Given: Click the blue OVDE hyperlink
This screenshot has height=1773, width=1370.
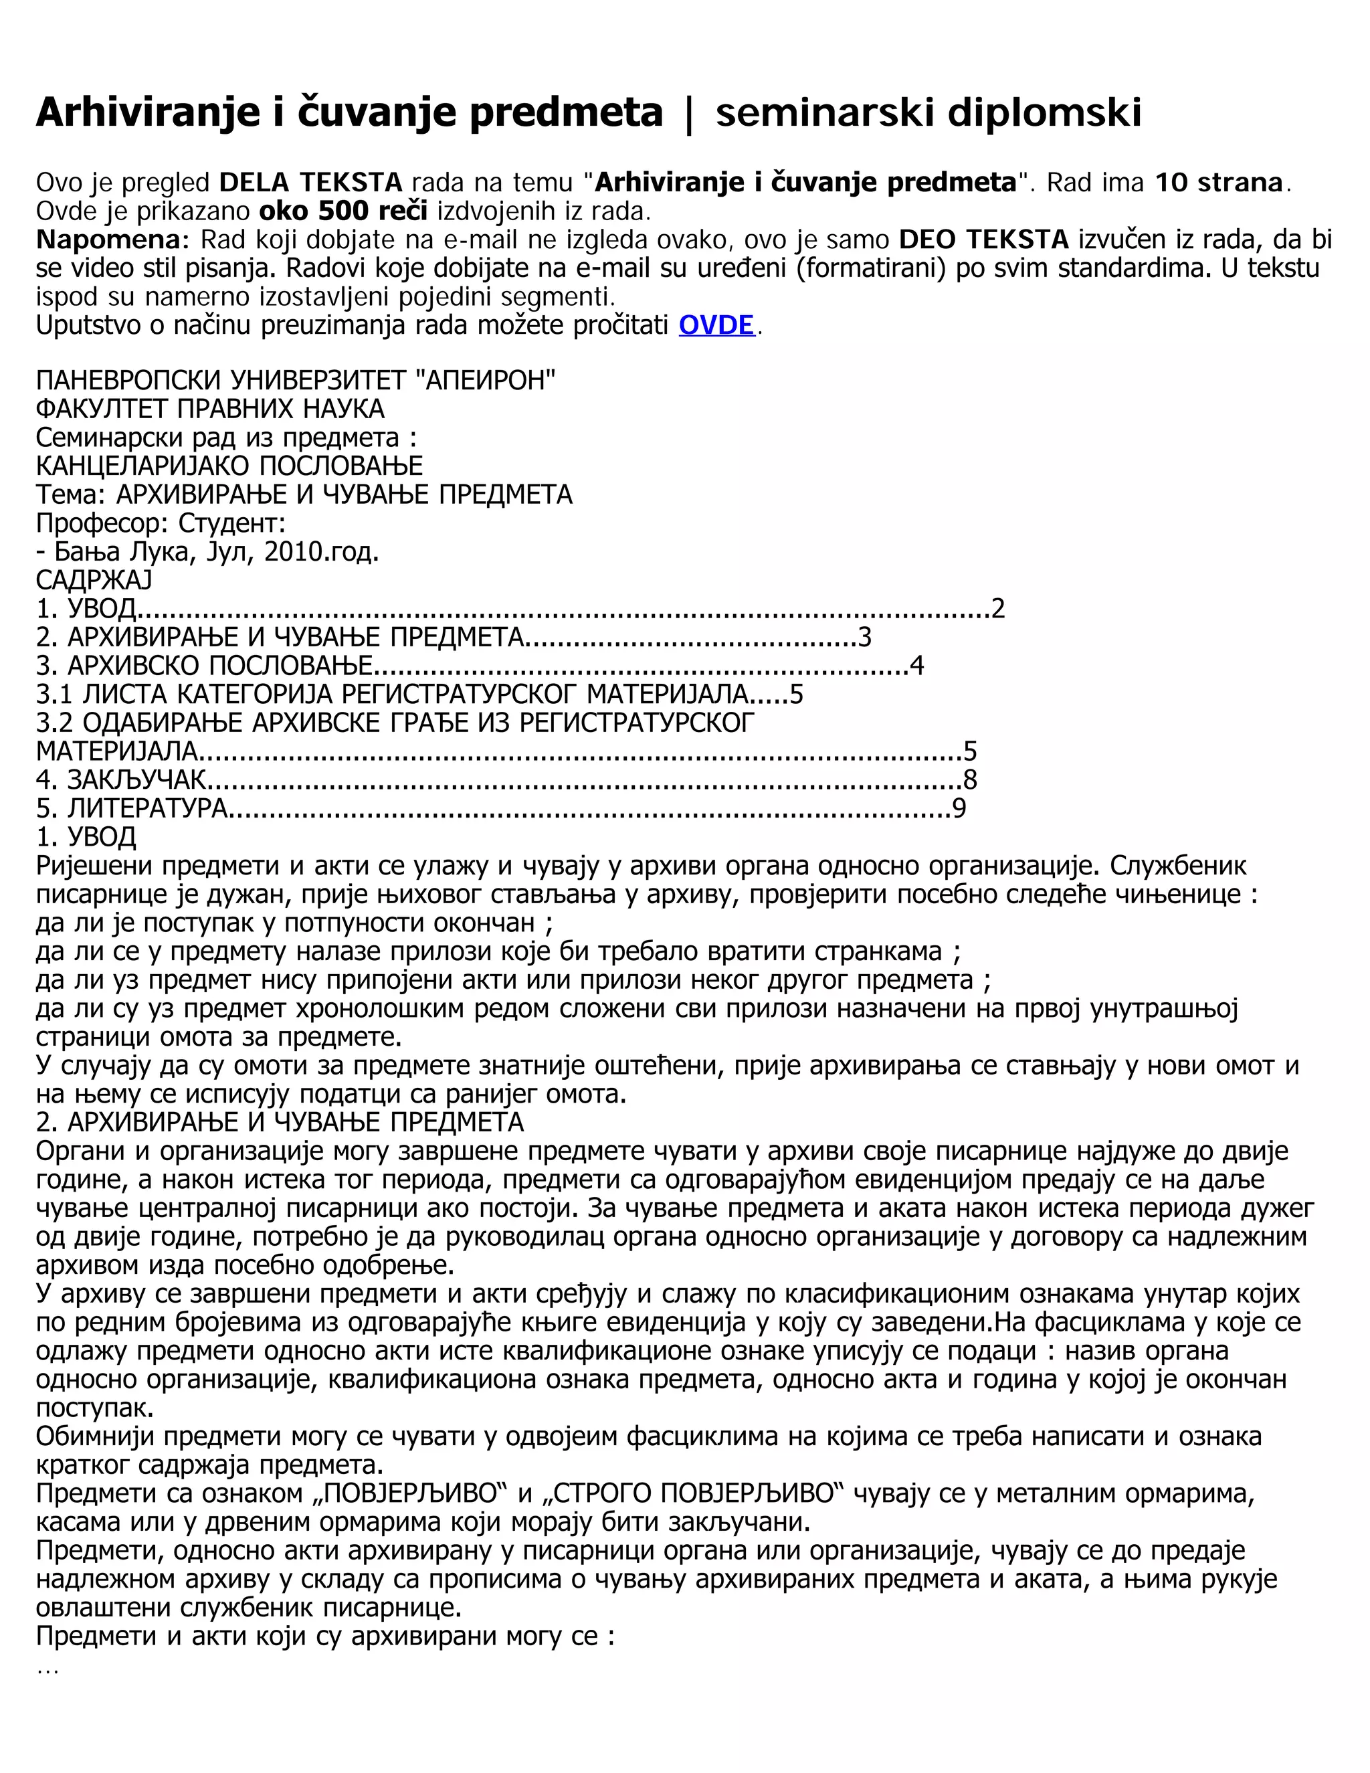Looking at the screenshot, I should pyautogui.click(x=716, y=326).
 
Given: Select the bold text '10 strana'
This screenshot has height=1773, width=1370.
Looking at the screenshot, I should pyautogui.click(x=1219, y=183).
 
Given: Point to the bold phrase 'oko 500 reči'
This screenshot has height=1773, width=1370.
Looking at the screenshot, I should pyautogui.click(x=343, y=211).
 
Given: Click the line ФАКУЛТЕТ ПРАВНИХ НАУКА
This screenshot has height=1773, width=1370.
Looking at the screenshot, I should pyautogui.click(x=210, y=408).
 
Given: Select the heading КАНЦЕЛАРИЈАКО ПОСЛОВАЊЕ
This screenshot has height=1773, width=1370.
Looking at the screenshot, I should pyautogui.click(x=229, y=466).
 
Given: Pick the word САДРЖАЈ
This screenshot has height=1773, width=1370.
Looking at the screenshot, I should pyautogui.click(x=94, y=581).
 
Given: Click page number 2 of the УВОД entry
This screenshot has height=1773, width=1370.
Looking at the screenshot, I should pyautogui.click(x=998, y=609).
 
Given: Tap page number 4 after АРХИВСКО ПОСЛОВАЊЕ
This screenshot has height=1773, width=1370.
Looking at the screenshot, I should pyautogui.click(x=917, y=666).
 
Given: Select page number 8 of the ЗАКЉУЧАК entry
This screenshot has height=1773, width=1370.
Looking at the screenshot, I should pyautogui.click(x=970, y=780).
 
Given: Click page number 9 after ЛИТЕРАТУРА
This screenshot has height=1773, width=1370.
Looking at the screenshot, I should pyautogui.click(x=959, y=809).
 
